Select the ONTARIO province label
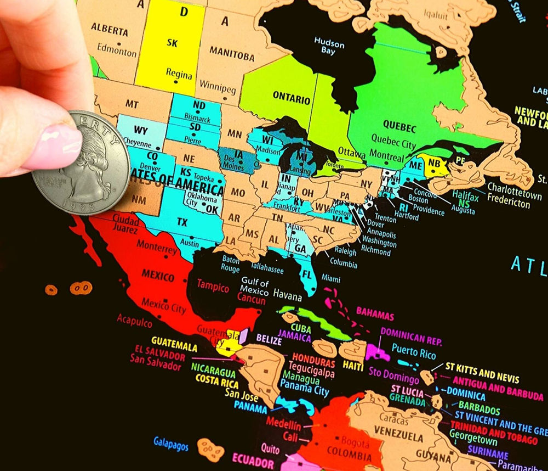(291, 98)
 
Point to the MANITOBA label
(232, 56)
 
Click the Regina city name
(179, 75)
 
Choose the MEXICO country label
(158, 274)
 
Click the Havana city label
(288, 297)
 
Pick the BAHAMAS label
(375, 316)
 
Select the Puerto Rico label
(414, 352)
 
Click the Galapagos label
(170, 442)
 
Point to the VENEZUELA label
(402, 437)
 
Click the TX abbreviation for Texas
(182, 222)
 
